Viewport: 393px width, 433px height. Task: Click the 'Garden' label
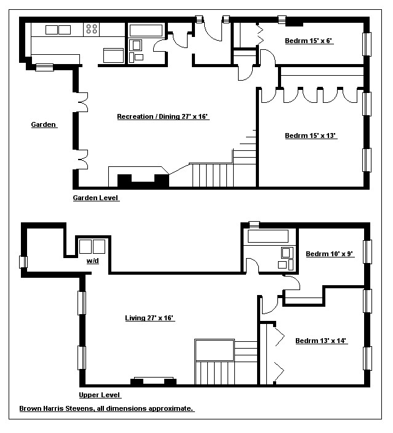click(x=44, y=125)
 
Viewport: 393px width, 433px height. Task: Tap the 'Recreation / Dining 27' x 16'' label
click(x=164, y=116)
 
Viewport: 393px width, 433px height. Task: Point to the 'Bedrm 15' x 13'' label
click(x=311, y=136)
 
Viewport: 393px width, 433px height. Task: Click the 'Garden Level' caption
click(x=95, y=198)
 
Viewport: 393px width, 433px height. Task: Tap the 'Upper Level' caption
click(x=100, y=395)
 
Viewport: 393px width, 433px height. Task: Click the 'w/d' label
click(x=92, y=261)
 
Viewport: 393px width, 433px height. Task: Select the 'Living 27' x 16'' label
click(x=149, y=318)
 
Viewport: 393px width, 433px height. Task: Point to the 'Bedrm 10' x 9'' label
click(x=330, y=254)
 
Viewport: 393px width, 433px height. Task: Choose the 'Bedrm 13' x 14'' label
click(x=322, y=341)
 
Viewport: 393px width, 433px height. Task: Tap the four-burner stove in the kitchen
click(x=92, y=28)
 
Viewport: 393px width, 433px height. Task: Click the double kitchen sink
click(x=57, y=29)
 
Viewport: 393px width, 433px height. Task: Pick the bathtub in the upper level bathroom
click(x=267, y=237)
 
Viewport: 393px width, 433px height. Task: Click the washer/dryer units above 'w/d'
click(x=92, y=247)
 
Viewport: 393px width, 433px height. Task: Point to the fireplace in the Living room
click(x=149, y=381)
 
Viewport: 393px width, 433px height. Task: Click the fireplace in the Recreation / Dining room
click(x=143, y=180)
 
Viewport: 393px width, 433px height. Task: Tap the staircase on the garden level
click(x=212, y=173)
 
